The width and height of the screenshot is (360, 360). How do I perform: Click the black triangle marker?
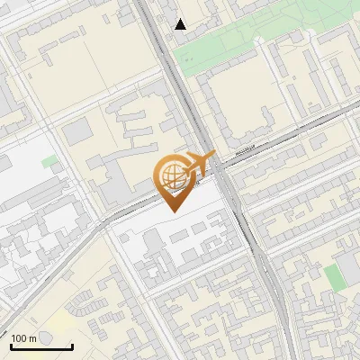(x=181, y=24)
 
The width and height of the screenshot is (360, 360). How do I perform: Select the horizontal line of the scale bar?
(x=41, y=346)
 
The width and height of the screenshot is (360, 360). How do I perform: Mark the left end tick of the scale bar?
(x=11, y=345)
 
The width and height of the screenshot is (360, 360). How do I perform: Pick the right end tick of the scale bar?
(x=72, y=345)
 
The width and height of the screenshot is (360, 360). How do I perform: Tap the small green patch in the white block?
(x=50, y=162)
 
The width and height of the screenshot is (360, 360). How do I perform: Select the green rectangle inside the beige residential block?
(x=335, y=277)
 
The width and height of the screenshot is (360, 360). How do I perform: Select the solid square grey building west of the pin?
(x=78, y=131)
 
